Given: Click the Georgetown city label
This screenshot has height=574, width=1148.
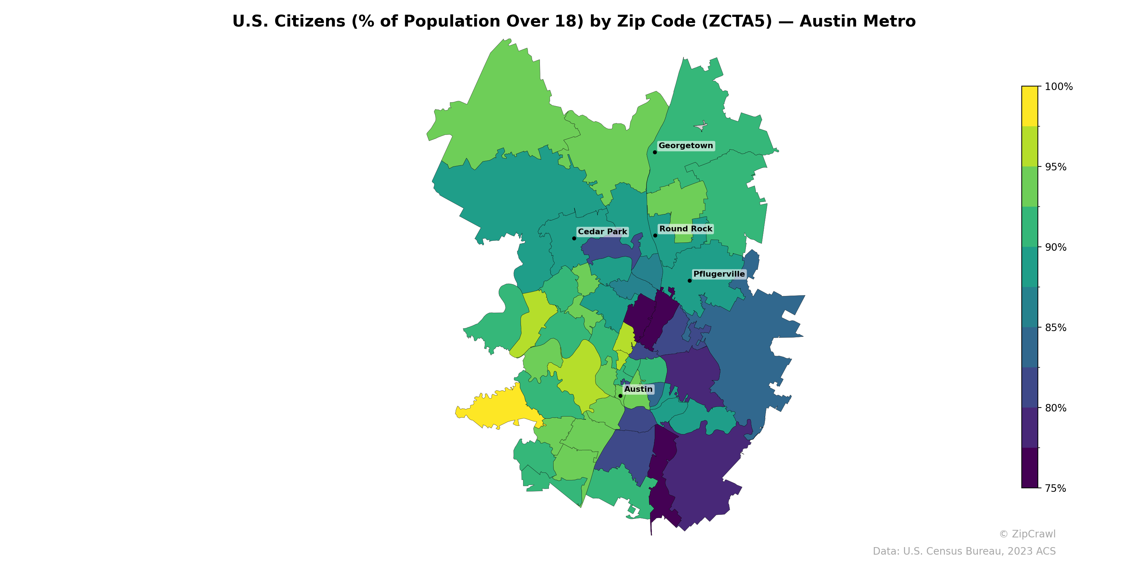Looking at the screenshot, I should [686, 146].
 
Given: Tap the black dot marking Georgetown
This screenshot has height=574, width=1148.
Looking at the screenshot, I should [655, 152].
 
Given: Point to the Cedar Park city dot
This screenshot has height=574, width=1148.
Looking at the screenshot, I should [574, 239].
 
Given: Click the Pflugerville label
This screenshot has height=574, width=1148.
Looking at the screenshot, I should [719, 274].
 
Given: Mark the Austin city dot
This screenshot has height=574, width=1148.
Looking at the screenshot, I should [620, 396].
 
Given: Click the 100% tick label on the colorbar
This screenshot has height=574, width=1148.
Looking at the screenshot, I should [1058, 87].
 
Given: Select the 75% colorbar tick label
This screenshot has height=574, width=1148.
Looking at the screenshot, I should [1055, 488].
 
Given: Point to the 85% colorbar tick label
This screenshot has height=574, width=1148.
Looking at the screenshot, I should [1055, 328].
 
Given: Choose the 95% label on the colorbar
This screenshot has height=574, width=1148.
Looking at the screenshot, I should [1055, 167].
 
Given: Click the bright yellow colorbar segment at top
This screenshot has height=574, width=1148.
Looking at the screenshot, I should [1030, 106].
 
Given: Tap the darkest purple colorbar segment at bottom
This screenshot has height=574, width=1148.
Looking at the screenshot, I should [1030, 468].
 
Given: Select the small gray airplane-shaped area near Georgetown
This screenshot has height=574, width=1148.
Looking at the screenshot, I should [701, 127].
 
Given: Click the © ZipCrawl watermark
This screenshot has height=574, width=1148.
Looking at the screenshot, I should [1027, 534].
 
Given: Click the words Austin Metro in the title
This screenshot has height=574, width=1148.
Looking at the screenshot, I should [857, 22].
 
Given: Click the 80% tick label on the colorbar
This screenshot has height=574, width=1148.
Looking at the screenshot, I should [1055, 408].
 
